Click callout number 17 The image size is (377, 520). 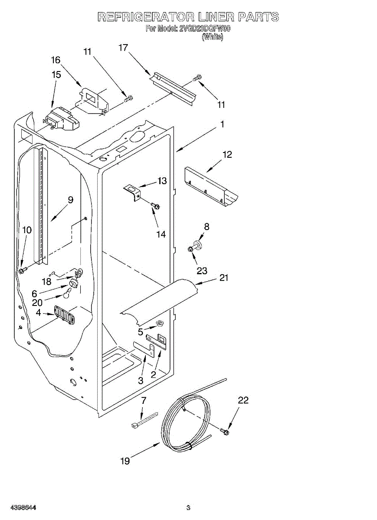click(x=123, y=47)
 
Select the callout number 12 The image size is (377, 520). click(x=227, y=154)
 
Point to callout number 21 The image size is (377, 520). click(x=224, y=278)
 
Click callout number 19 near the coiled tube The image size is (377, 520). click(x=125, y=461)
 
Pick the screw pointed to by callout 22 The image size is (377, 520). click(x=225, y=431)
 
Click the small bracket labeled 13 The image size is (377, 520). click(x=132, y=190)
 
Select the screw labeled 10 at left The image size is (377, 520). click(x=22, y=270)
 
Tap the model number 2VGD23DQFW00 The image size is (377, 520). click(x=205, y=29)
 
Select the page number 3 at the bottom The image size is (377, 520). click(x=188, y=507)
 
